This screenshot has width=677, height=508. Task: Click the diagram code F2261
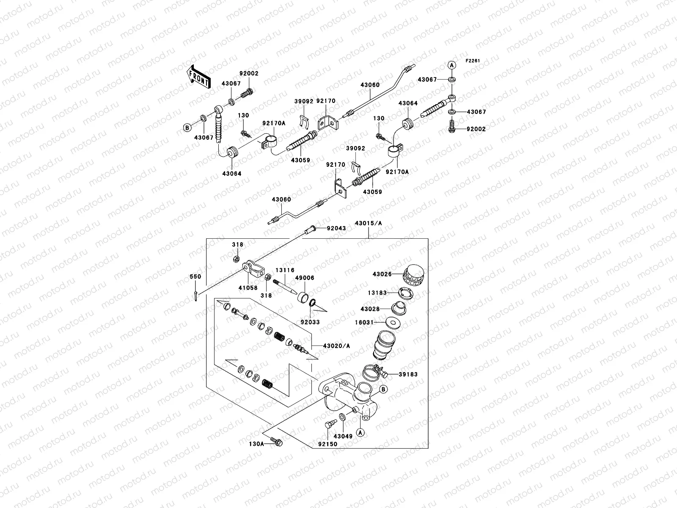point(473,61)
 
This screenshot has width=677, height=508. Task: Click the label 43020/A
point(336,346)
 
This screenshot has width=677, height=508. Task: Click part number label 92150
point(327,444)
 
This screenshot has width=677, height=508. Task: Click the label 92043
point(336,229)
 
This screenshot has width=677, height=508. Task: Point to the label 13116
point(285,270)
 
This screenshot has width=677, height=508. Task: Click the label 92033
point(310,322)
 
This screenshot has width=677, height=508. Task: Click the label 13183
point(377,292)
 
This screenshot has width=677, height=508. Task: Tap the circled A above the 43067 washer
point(452,65)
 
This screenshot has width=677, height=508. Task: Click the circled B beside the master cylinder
point(382,389)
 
